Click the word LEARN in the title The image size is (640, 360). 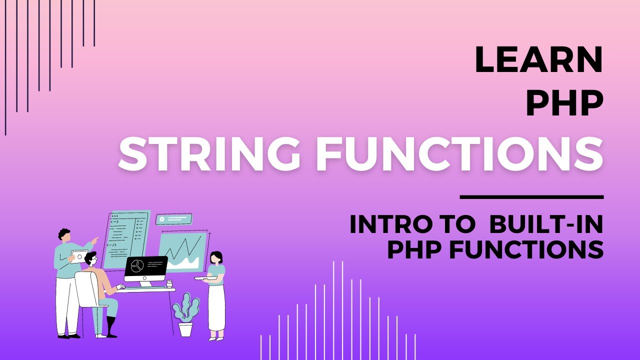pos(538,60)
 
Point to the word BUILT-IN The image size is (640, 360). pos(546,225)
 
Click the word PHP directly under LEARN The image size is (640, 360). pos(563,104)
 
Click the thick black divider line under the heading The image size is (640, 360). pos(531,197)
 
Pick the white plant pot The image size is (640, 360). pos(185,328)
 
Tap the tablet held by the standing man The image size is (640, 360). pos(79,256)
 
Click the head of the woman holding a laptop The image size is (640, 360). pos(216,257)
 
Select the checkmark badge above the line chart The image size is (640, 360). pos(173,219)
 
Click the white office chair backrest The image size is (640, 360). pos(85,290)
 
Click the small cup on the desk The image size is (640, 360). pos(169,284)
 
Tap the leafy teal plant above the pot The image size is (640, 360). pos(186,307)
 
